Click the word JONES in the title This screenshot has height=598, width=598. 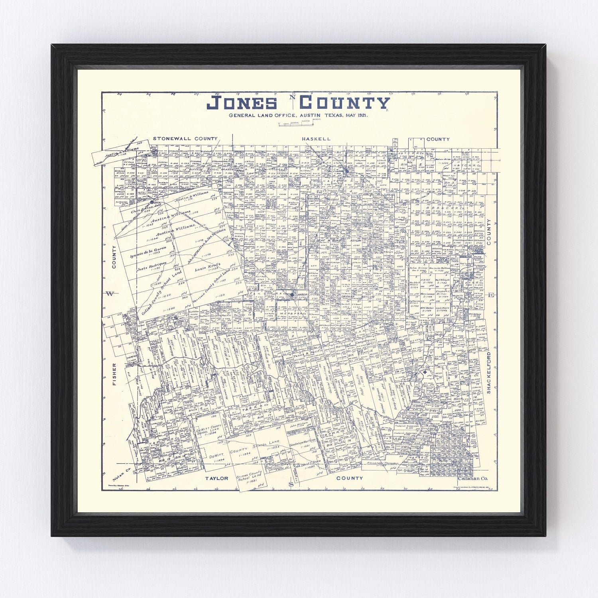242,102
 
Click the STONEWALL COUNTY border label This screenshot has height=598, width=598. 185,139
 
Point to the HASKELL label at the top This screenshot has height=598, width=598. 316,139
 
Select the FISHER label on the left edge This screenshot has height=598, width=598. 114,374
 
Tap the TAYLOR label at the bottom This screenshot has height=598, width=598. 216,478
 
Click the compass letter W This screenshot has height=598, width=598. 110,294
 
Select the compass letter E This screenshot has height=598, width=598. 491,295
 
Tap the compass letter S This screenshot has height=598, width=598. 291,484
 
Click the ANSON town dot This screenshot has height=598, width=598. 292,295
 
